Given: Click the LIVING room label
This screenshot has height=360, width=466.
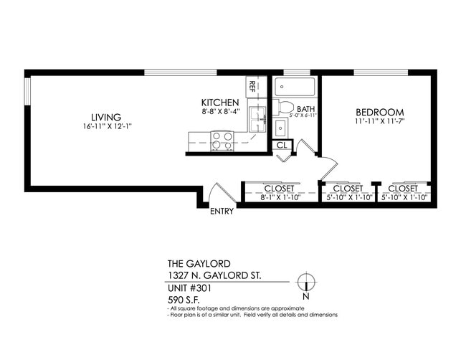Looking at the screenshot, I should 105,117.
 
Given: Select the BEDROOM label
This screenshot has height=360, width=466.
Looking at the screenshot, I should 380,113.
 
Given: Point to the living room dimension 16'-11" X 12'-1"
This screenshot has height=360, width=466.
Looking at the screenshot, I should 107,126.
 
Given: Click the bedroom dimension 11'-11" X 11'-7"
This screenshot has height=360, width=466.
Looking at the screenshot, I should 380,123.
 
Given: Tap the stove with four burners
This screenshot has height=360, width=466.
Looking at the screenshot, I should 222,141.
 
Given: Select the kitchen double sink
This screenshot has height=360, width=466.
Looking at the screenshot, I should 257,119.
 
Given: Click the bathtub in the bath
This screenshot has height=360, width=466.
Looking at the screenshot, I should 295,87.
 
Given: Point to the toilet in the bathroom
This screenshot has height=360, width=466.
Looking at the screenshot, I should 285,108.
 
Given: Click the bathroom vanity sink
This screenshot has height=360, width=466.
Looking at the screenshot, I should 280,129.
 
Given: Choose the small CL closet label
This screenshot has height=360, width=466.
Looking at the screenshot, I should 282,144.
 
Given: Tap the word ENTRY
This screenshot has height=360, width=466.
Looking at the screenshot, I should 222,212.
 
